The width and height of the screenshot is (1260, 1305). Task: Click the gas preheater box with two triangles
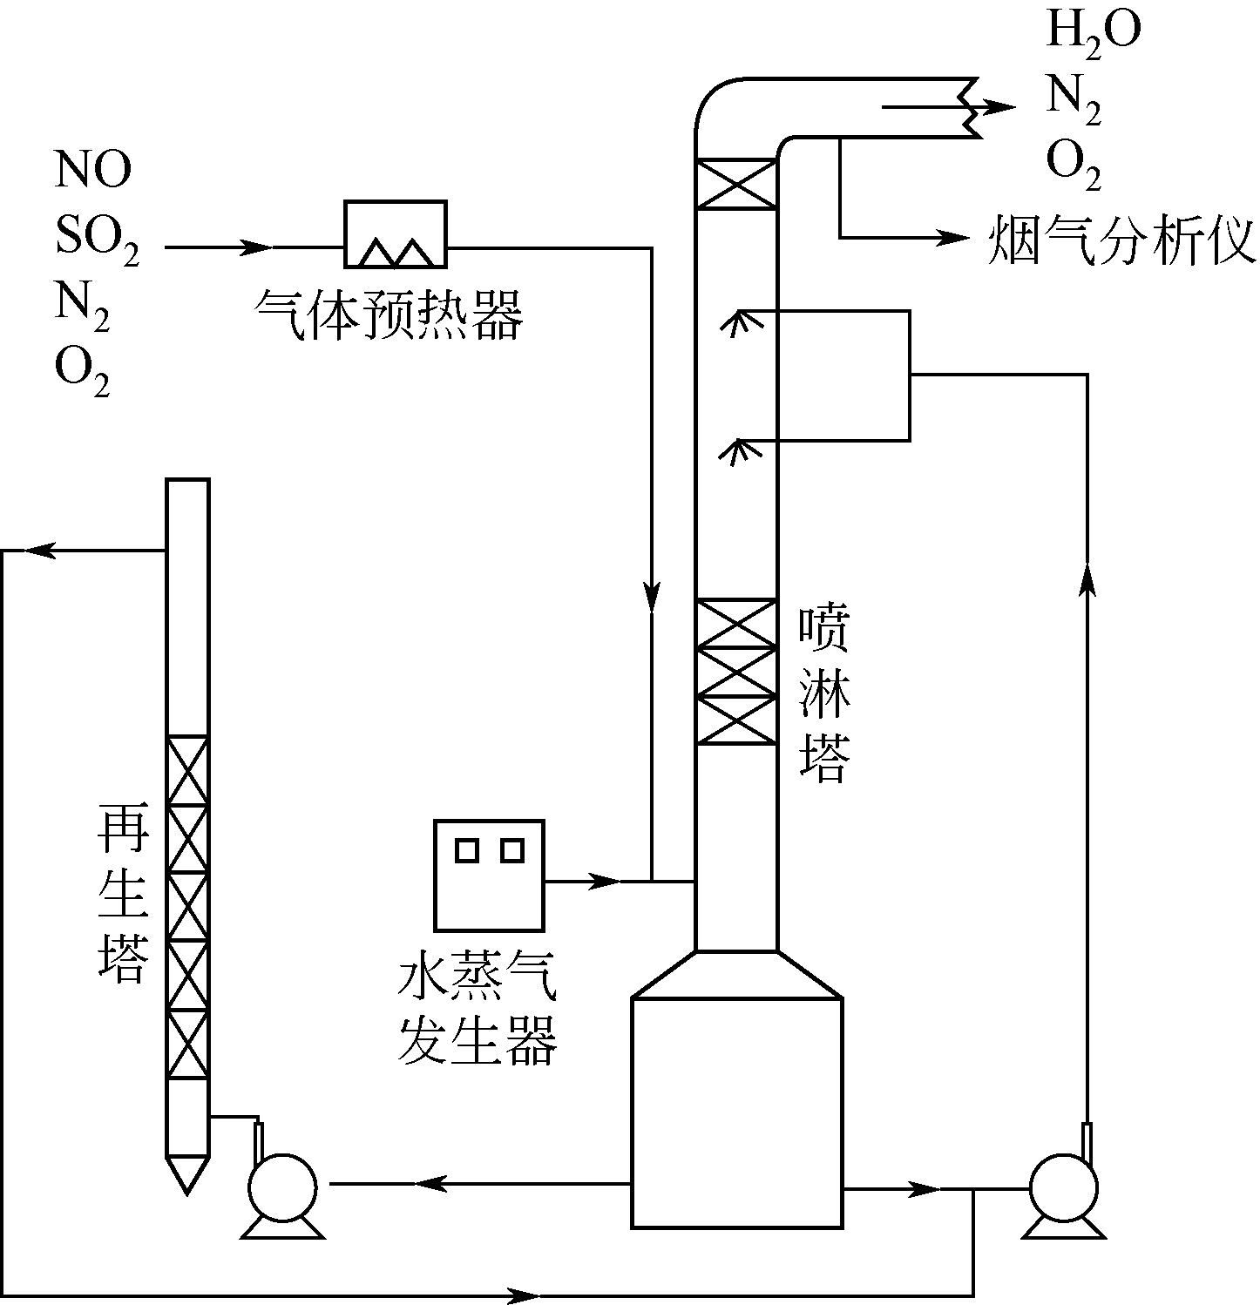tap(396, 234)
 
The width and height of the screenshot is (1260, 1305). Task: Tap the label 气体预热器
tap(389, 314)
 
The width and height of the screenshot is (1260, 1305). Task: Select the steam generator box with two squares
tap(490, 875)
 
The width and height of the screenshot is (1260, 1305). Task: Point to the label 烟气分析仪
tap(1121, 240)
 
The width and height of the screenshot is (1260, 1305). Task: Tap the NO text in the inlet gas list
tap(92, 170)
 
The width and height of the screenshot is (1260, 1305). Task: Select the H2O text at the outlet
tap(1093, 31)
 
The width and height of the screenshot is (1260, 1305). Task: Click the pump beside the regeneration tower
tap(282, 1187)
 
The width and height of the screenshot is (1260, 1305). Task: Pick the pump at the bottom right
tap(1063, 1187)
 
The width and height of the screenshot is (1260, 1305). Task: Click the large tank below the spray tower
tap(736, 1112)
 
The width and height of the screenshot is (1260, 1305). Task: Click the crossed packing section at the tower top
tap(737, 184)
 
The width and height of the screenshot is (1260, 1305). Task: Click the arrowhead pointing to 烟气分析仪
tap(955, 237)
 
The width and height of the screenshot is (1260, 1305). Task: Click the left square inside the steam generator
tap(467, 849)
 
